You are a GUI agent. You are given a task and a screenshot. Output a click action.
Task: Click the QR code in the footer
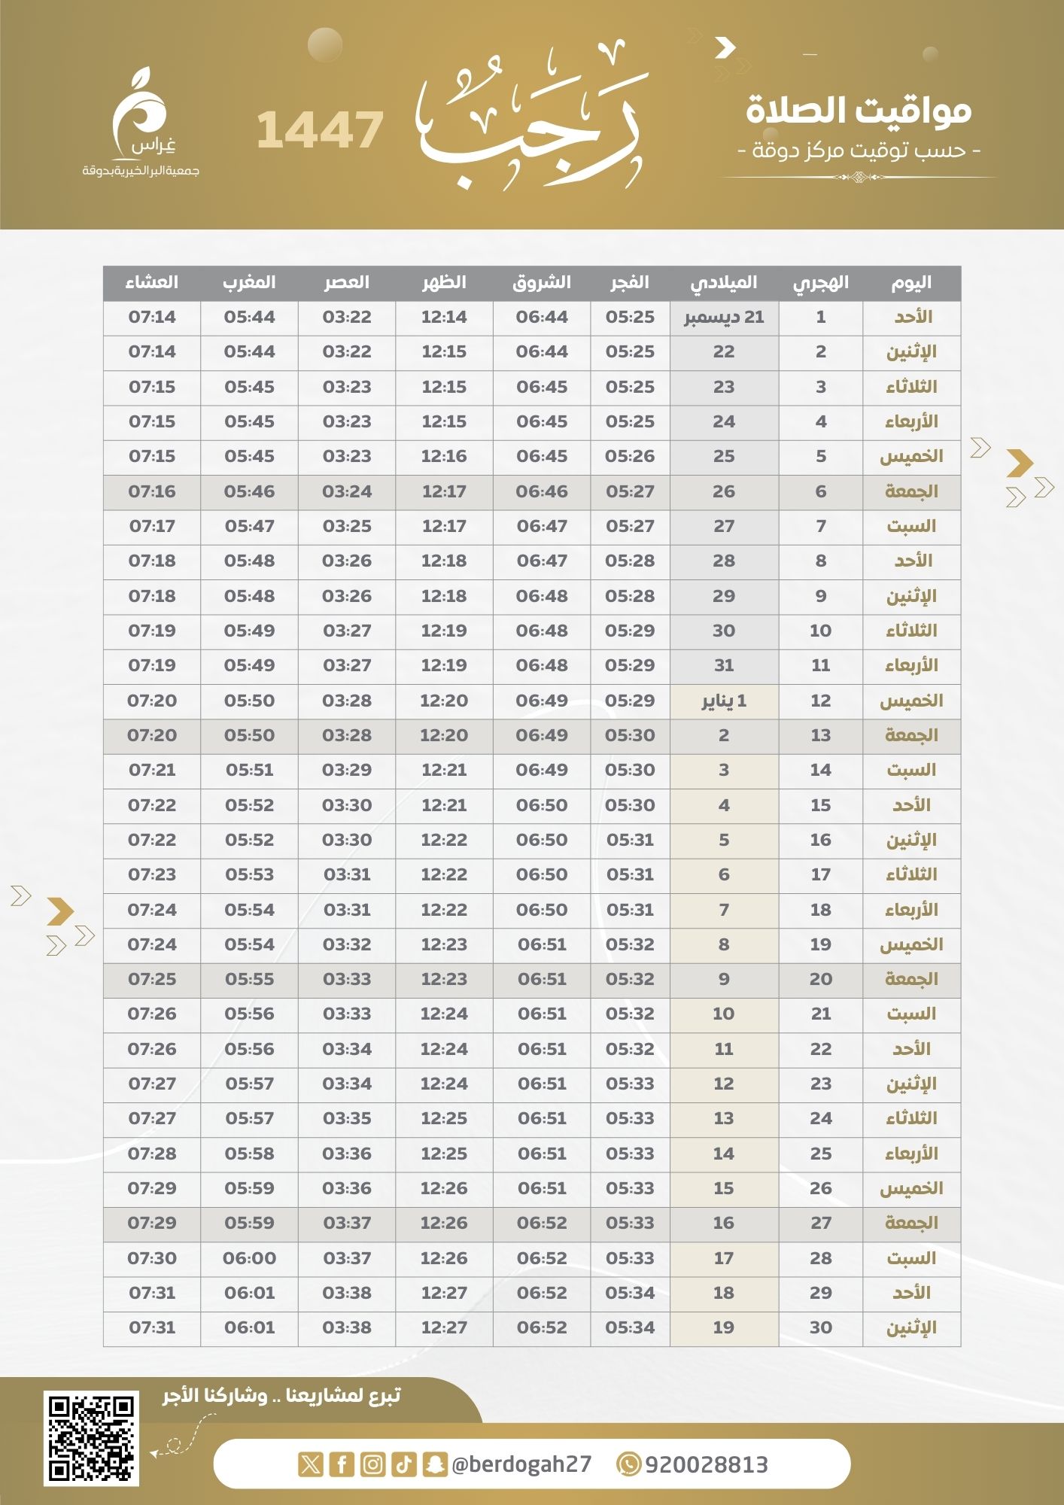point(91,1438)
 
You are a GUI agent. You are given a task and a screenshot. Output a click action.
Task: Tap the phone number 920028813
point(706,1464)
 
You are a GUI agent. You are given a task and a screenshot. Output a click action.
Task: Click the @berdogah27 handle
point(521,1464)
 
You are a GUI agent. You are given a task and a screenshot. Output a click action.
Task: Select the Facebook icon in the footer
point(342,1464)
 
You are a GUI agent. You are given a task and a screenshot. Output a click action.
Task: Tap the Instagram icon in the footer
point(372,1464)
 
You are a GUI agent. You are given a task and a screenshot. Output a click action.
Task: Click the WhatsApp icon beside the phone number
point(628,1464)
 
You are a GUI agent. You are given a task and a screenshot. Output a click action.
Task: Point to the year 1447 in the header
point(321,129)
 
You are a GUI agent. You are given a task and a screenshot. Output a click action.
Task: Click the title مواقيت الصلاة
point(859,111)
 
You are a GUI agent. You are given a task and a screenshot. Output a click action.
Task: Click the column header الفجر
point(630,283)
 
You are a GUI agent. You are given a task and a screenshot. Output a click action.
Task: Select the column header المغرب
point(249,283)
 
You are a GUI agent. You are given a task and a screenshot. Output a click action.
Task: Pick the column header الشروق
point(542,283)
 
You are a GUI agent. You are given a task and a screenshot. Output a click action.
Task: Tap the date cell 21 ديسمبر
point(724,318)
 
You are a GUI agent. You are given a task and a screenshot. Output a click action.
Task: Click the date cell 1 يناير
point(724,701)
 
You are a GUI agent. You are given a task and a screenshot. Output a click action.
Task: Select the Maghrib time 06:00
point(249,1258)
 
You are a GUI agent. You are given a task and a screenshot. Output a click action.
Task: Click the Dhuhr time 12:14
point(444,318)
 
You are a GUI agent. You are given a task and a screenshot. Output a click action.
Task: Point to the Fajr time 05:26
point(630,457)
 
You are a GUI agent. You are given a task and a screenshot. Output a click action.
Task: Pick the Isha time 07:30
point(152,1258)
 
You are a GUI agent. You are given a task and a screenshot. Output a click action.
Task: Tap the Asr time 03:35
point(347,1118)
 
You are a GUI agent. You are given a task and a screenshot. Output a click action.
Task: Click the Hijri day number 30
point(820,1327)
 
